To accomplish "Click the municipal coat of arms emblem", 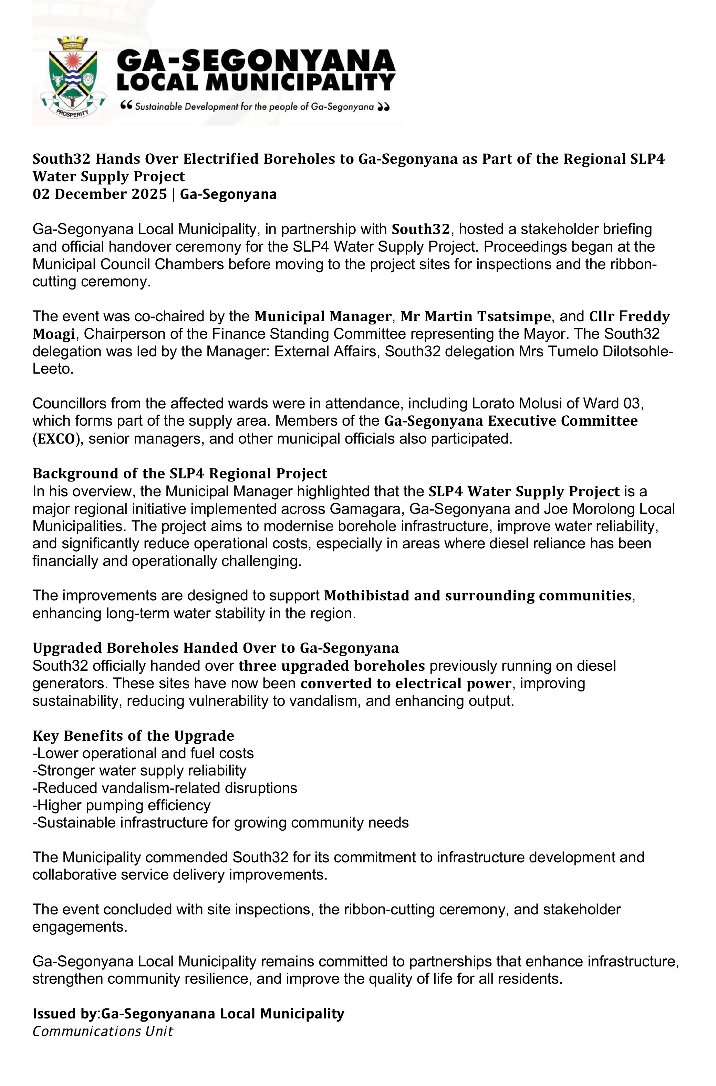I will (x=73, y=78).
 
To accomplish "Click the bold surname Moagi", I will (x=53, y=334).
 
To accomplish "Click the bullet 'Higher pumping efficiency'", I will (x=122, y=805).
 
